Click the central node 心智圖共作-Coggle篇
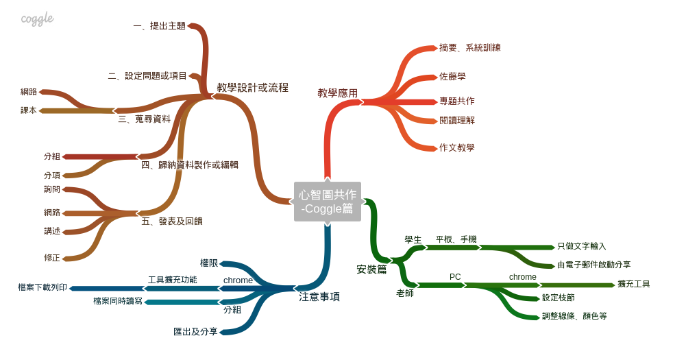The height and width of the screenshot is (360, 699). (328, 202)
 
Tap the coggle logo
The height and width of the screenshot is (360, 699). (37, 19)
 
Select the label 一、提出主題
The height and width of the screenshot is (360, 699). (159, 26)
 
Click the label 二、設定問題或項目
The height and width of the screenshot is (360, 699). (147, 76)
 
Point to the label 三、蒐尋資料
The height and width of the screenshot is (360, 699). (144, 119)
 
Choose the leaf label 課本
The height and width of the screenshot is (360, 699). (29, 110)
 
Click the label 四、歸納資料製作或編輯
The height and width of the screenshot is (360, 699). (189, 165)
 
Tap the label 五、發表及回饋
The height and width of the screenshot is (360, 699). (171, 221)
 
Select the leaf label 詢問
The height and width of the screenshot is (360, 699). (52, 189)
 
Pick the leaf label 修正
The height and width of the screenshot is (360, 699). (52, 258)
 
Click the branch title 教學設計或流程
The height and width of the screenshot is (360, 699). (252, 88)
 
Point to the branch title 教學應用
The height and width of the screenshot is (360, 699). (337, 93)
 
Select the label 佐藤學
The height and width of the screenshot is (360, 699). (452, 77)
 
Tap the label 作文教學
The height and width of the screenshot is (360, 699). (457, 148)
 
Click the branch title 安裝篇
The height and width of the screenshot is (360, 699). (371, 269)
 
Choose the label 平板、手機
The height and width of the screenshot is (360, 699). (456, 239)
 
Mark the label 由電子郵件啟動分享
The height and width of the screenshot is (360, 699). (594, 265)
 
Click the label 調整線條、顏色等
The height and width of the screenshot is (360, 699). (574, 316)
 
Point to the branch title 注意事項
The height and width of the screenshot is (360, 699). (319, 297)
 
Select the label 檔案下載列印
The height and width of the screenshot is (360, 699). (42, 287)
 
